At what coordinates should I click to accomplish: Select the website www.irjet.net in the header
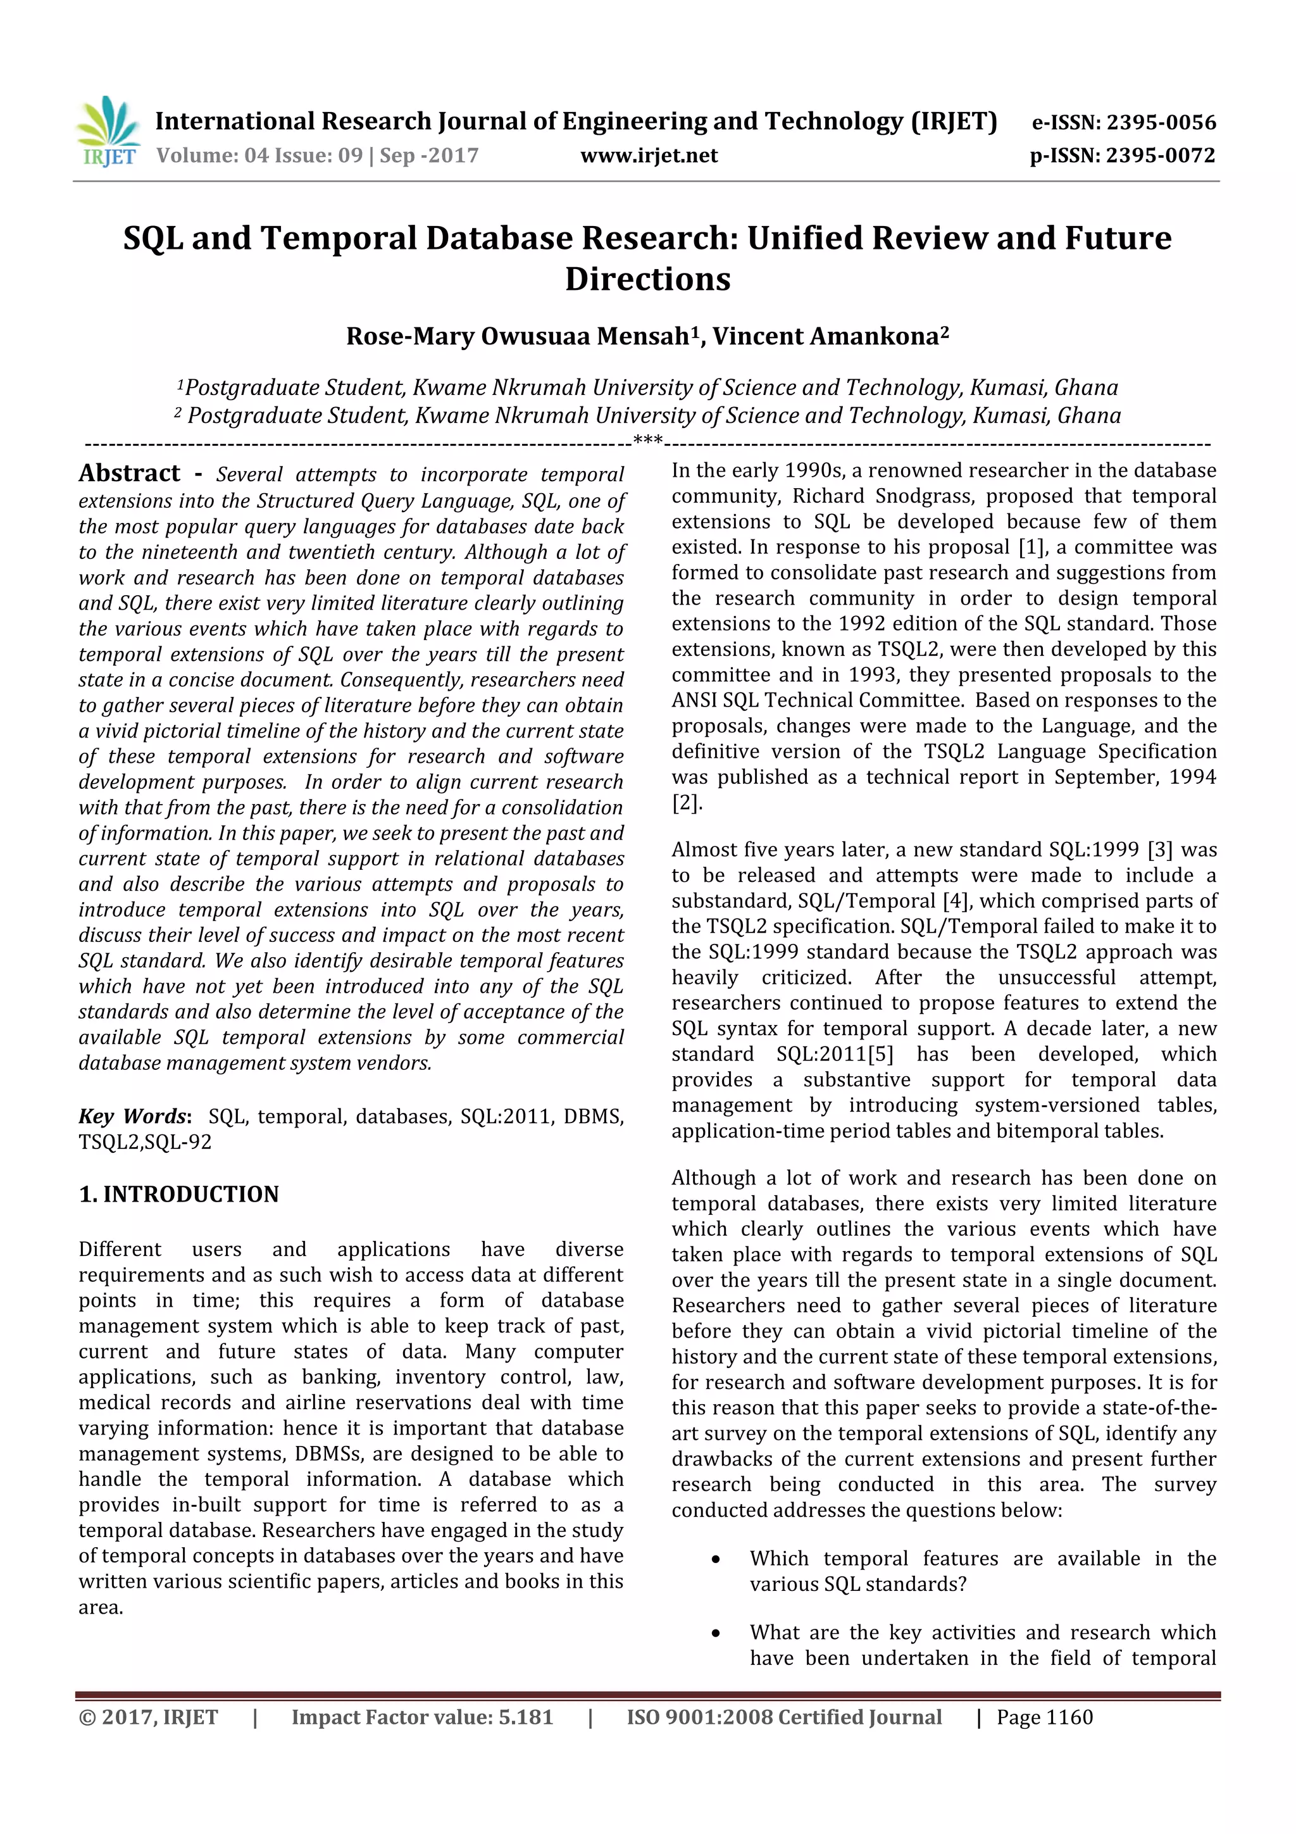pyautogui.click(x=649, y=155)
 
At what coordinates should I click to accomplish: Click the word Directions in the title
pyautogui.click(x=647, y=279)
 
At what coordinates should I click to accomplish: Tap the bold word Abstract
pyautogui.click(x=129, y=473)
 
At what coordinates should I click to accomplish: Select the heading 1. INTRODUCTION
pyautogui.click(x=179, y=1194)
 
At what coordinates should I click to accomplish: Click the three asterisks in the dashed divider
pyautogui.click(x=647, y=440)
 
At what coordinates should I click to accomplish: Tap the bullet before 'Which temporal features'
pyautogui.click(x=716, y=1559)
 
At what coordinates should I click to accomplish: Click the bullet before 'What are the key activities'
pyautogui.click(x=716, y=1633)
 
